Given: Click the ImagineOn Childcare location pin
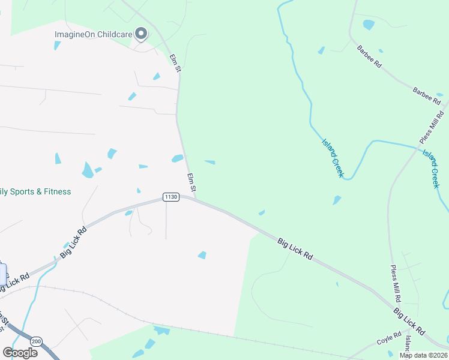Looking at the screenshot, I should [141, 34].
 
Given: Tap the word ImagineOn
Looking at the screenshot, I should [75, 34].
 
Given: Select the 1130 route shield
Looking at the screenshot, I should [171, 197].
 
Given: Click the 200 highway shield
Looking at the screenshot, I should [37, 340].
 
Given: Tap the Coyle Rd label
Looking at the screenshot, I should [389, 340].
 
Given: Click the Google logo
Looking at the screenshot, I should [20, 353].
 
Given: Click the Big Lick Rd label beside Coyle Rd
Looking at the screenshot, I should [409, 322].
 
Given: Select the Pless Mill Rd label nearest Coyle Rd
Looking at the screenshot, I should [396, 283].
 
